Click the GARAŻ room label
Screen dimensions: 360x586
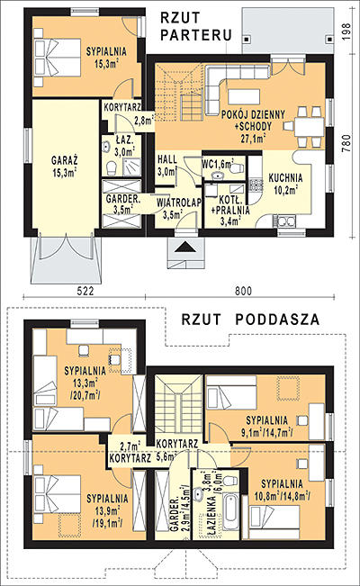[64, 161]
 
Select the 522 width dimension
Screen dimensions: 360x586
[85, 291]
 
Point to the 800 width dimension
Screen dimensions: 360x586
[243, 291]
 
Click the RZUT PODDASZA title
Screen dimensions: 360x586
[250, 320]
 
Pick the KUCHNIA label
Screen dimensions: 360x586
[285, 177]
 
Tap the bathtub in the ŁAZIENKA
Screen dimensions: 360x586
[231, 513]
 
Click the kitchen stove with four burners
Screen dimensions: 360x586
[256, 185]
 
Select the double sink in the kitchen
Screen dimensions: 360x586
[285, 221]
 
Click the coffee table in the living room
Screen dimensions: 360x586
[244, 96]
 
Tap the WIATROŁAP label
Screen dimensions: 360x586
[179, 203]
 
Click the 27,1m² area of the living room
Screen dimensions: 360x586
[253, 139]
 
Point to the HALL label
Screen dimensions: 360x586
[167, 159]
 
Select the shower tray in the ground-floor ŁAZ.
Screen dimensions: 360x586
[131, 167]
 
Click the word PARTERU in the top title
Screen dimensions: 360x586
[196, 35]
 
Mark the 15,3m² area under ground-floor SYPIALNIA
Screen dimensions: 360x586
[106, 64]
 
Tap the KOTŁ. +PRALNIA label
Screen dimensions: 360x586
[229, 205]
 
